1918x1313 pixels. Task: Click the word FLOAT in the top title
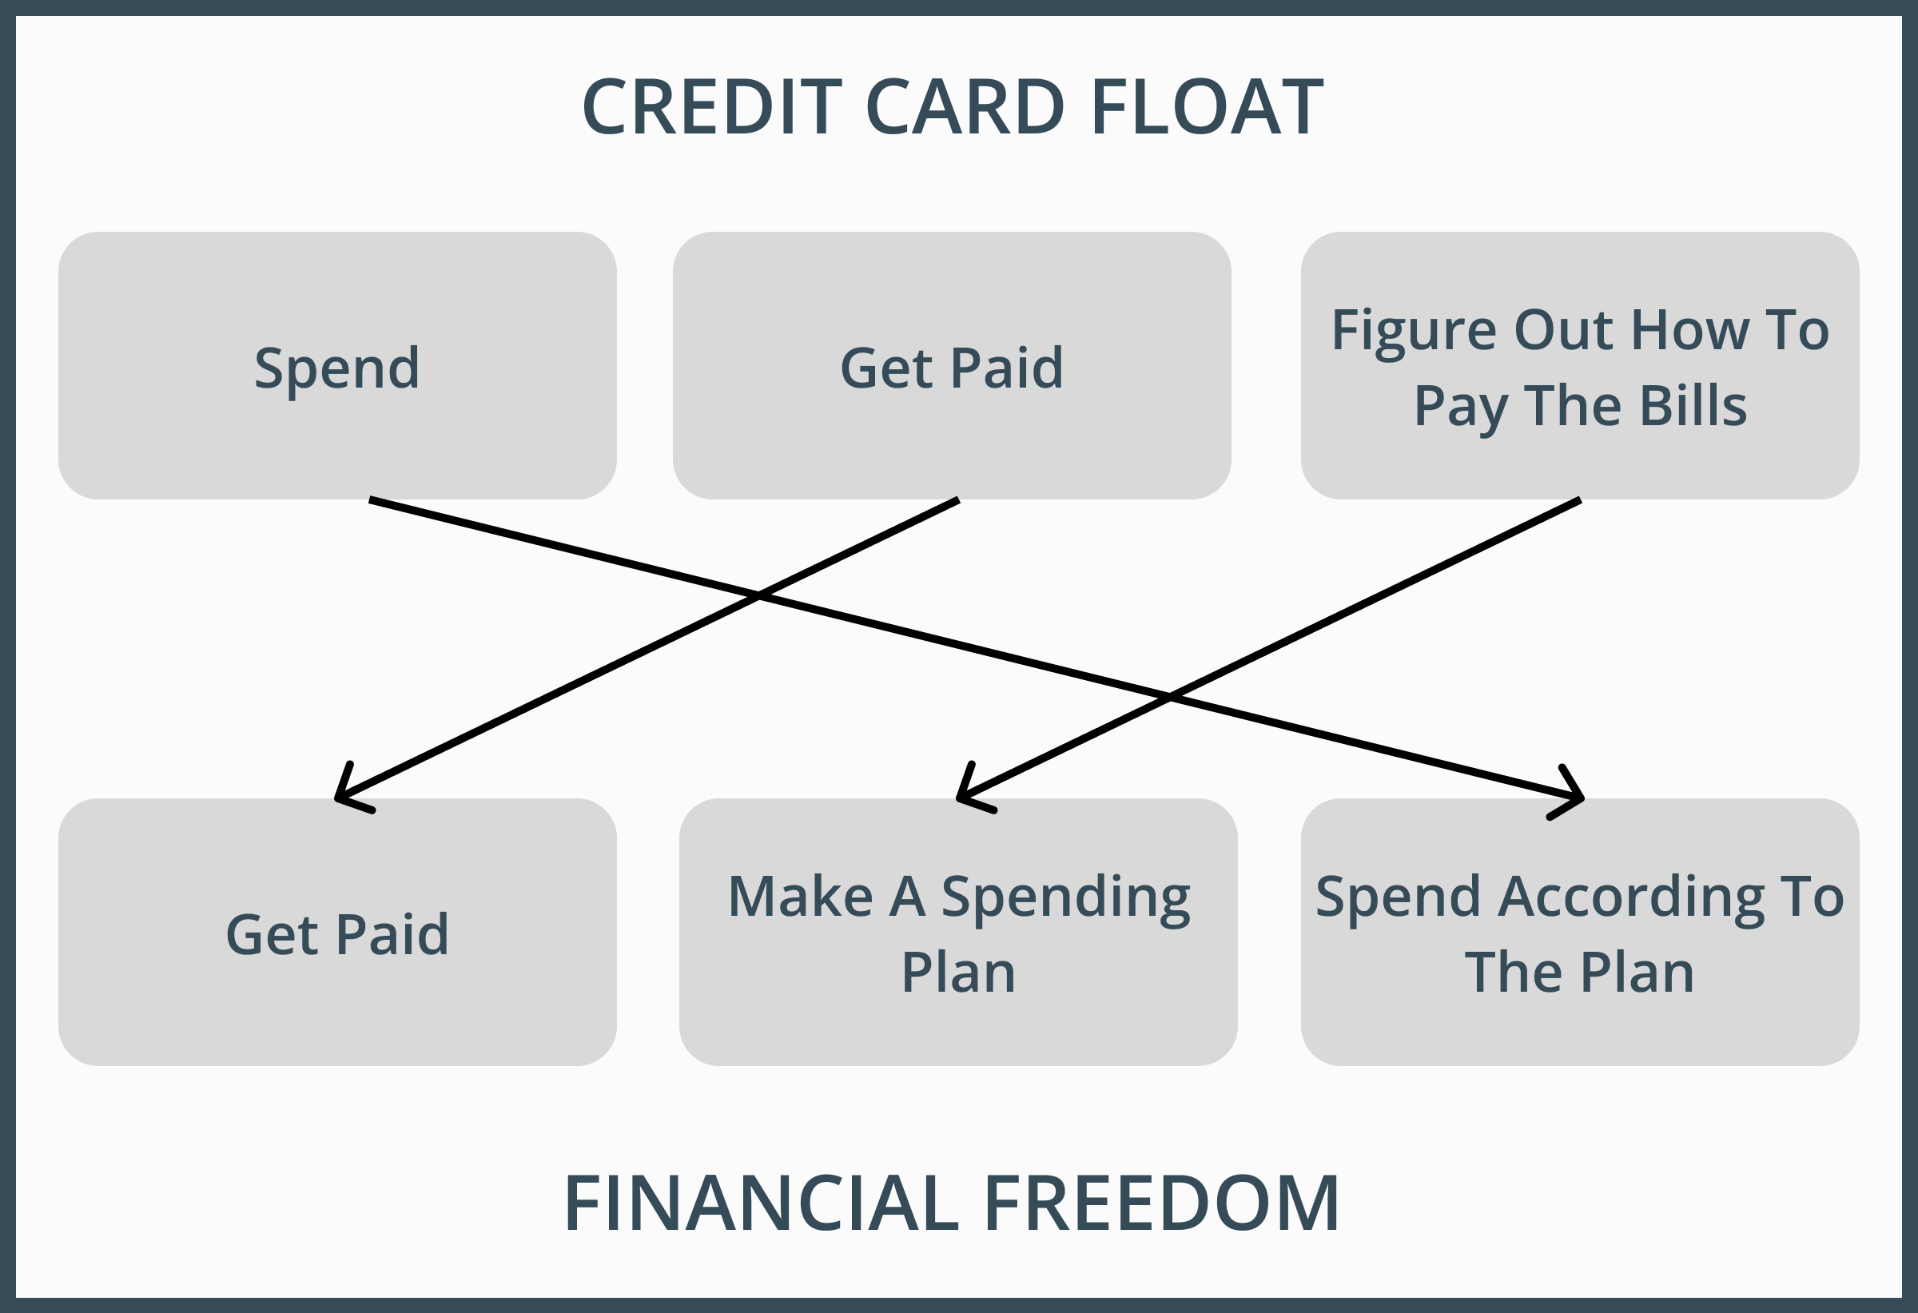pyautogui.click(x=1207, y=107)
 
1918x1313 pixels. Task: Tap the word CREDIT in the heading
pyautogui.click(x=711, y=107)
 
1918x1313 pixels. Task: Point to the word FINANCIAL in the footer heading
pyautogui.click(x=761, y=1204)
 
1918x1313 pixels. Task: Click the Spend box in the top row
pyautogui.click(x=336, y=365)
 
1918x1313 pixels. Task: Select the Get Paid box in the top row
pyautogui.click(x=952, y=365)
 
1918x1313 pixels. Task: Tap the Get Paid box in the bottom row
pyautogui.click(x=336, y=933)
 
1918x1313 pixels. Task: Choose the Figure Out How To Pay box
pyautogui.click(x=1580, y=365)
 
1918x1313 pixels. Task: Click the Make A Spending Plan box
pyautogui.click(x=957, y=933)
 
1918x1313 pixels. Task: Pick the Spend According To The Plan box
pyautogui.click(x=1580, y=933)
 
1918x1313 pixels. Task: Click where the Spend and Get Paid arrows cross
pyautogui.click(x=758, y=596)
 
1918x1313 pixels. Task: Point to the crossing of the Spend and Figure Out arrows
pyautogui.click(x=1169, y=698)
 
